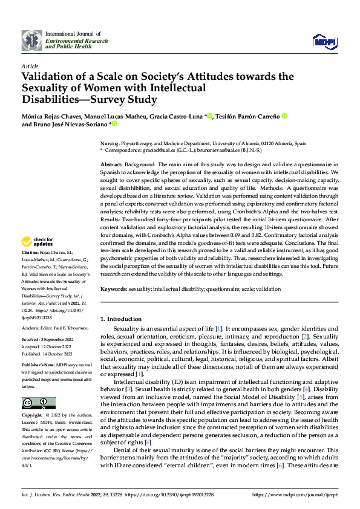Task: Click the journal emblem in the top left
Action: (x=32, y=41)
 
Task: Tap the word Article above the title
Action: (x=30, y=65)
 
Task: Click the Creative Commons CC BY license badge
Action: (x=39, y=403)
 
